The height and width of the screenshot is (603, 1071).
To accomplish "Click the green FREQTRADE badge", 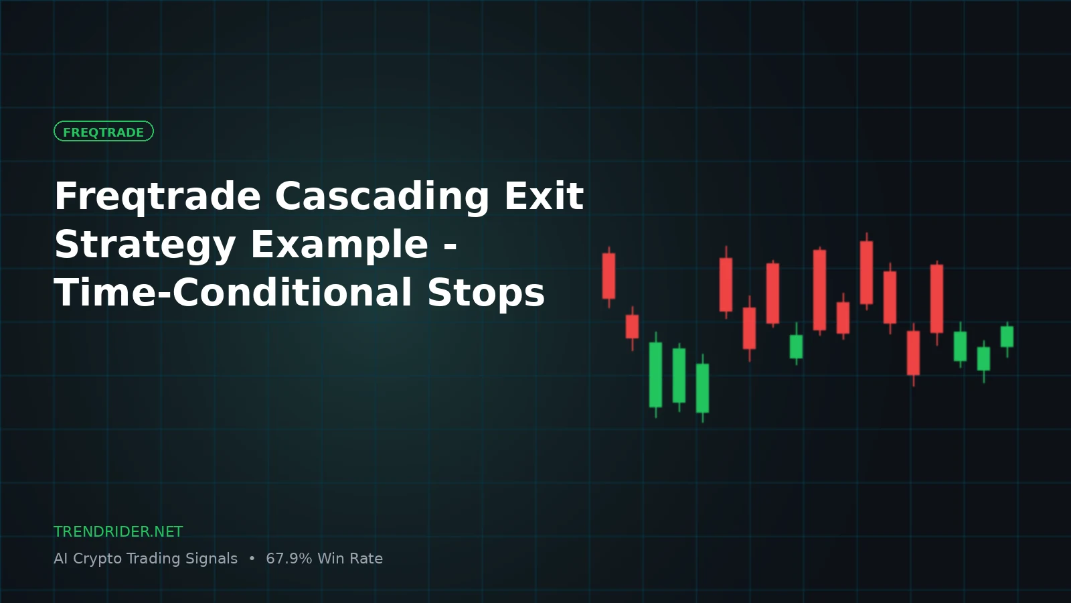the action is tap(103, 131).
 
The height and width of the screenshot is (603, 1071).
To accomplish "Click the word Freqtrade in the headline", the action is tap(157, 197).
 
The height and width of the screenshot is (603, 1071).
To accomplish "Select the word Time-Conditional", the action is tap(233, 291).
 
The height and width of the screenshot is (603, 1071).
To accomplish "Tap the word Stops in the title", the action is tap(486, 293).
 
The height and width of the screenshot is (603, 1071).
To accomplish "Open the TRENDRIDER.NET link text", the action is tap(118, 532).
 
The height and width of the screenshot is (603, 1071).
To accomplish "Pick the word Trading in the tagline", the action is tap(153, 559).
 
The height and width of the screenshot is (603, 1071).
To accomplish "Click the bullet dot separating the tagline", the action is tap(252, 559).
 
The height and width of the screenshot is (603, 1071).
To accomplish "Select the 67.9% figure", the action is tap(289, 559).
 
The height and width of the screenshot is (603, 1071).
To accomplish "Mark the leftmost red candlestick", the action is tap(608, 277).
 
